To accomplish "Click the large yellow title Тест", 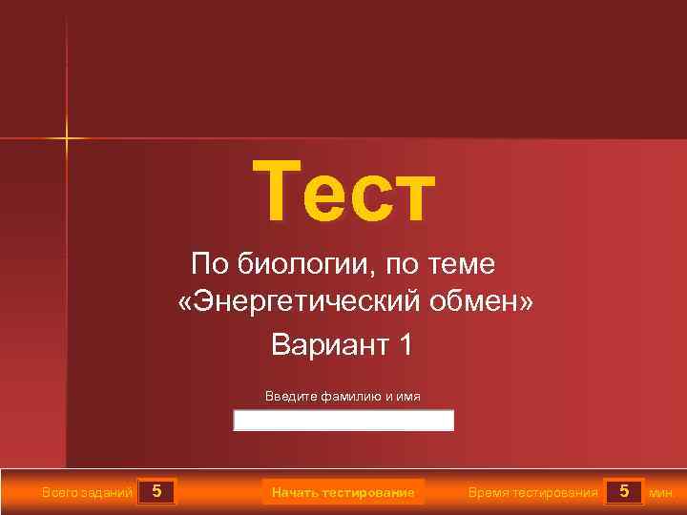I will click(x=343, y=190).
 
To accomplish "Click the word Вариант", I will click(x=325, y=343).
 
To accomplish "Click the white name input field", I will click(x=343, y=421).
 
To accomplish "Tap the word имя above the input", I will click(x=408, y=396).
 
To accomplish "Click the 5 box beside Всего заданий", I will click(x=156, y=492).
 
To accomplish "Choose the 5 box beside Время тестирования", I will click(x=624, y=492).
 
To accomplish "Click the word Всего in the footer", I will click(x=59, y=493).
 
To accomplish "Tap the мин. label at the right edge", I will click(x=661, y=493).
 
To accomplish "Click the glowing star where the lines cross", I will click(x=67, y=138).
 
